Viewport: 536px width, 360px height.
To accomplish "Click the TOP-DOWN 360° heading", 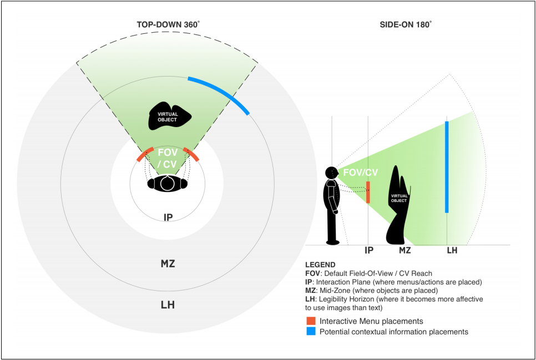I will pyautogui.click(x=168, y=25).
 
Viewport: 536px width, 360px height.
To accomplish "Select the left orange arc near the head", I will pyautogui.click(x=145, y=154).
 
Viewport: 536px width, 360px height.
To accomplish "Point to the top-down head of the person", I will pyautogui.click(x=168, y=184).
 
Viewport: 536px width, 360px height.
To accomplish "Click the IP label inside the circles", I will pyautogui.click(x=168, y=217).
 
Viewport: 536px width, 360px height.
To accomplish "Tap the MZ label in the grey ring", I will pyautogui.click(x=168, y=264).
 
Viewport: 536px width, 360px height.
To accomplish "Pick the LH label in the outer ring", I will pyautogui.click(x=168, y=305).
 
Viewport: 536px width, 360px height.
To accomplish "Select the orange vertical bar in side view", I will pyautogui.click(x=368, y=192).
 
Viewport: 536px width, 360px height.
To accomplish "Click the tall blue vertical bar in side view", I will pyautogui.click(x=447, y=166).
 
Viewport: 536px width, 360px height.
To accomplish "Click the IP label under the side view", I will pyautogui.click(x=368, y=251).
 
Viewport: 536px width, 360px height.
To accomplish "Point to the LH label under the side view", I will pyautogui.click(x=452, y=251).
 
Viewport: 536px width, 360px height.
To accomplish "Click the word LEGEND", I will pyautogui.click(x=321, y=265).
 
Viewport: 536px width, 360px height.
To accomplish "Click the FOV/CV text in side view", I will pyautogui.click(x=361, y=173).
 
